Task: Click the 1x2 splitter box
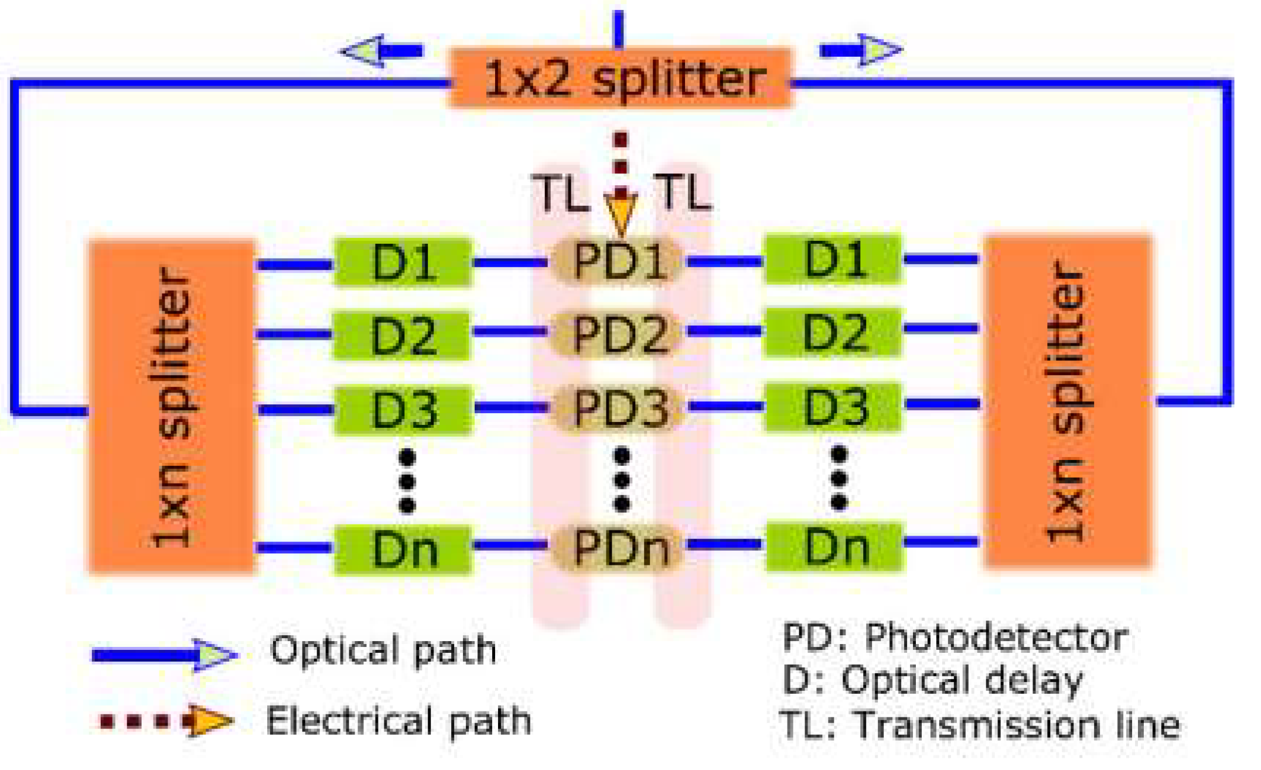pyautogui.click(x=620, y=79)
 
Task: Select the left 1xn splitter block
pyautogui.click(x=172, y=406)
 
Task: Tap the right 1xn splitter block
pyautogui.click(x=1068, y=401)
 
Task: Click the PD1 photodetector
pyautogui.click(x=619, y=261)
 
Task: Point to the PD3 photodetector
pyautogui.click(x=620, y=407)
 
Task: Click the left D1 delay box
pyautogui.click(x=403, y=263)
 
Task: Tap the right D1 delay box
pyautogui.click(x=834, y=259)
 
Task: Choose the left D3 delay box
pyautogui.click(x=403, y=409)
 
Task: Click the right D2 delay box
pyautogui.click(x=833, y=332)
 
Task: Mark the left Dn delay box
pyautogui.click(x=403, y=550)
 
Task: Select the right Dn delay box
pyautogui.click(x=835, y=547)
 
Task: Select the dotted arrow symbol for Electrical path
pyautogui.click(x=167, y=721)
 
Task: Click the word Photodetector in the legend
pyautogui.click(x=996, y=638)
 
